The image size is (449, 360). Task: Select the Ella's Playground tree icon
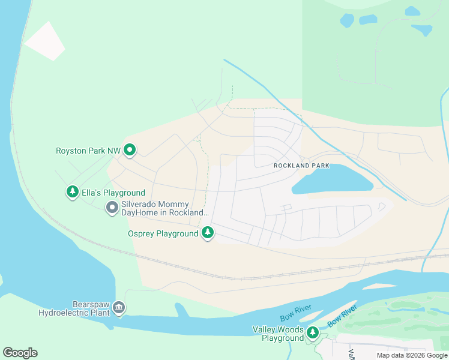pyautogui.click(x=73, y=192)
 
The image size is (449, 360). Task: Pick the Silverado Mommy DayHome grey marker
pyautogui.click(x=112, y=208)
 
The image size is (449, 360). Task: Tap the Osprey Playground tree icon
pyautogui.click(x=208, y=232)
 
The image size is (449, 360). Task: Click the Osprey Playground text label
pyautogui.click(x=163, y=233)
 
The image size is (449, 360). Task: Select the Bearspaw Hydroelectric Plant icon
pyautogui.click(x=119, y=308)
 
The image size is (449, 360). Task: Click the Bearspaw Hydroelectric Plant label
pyautogui.click(x=75, y=308)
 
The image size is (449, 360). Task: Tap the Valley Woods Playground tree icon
pyautogui.click(x=312, y=332)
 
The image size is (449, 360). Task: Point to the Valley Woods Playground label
pyautogui.click(x=278, y=334)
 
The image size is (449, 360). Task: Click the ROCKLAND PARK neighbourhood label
pyautogui.click(x=301, y=165)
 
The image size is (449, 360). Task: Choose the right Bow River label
pyautogui.click(x=342, y=316)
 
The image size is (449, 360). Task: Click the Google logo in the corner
pyautogui.click(x=20, y=353)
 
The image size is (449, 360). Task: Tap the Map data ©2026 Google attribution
pyautogui.click(x=412, y=355)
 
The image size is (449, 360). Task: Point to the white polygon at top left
pyautogui.click(x=45, y=40)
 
